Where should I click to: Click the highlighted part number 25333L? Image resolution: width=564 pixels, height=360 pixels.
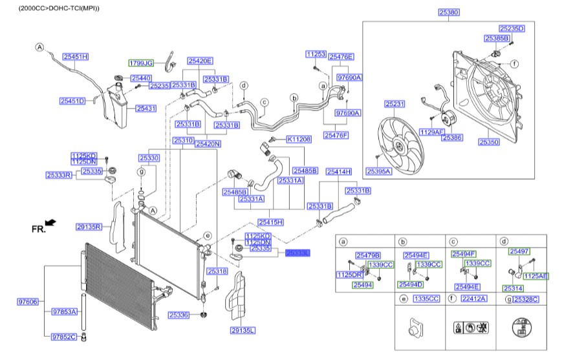(298, 254)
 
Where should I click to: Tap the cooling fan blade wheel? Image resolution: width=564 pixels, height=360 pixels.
(402, 144)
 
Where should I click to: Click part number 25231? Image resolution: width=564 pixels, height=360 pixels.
(395, 103)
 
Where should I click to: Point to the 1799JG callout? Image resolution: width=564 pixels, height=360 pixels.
(140, 63)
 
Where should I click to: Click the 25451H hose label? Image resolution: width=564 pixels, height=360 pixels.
(76, 58)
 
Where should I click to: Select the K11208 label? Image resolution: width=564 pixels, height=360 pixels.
(299, 139)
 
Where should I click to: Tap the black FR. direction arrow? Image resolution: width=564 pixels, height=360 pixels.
(51, 222)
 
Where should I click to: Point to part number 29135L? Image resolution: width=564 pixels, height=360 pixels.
(243, 330)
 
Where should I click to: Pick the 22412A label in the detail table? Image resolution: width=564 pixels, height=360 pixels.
(473, 299)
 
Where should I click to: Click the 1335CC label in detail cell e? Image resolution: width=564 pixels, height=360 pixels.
(426, 299)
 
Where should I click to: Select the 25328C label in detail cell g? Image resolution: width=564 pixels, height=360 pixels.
(525, 299)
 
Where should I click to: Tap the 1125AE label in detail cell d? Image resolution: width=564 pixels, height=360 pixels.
(536, 275)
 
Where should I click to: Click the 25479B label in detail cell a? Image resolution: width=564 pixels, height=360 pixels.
(368, 255)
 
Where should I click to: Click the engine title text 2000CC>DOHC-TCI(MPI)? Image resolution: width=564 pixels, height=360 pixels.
(60, 8)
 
